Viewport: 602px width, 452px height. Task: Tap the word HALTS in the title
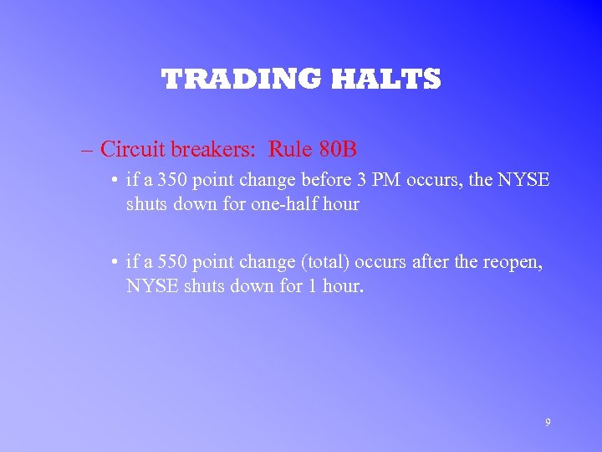point(385,80)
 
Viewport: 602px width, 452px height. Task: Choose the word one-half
point(283,204)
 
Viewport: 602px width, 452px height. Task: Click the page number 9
point(548,423)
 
